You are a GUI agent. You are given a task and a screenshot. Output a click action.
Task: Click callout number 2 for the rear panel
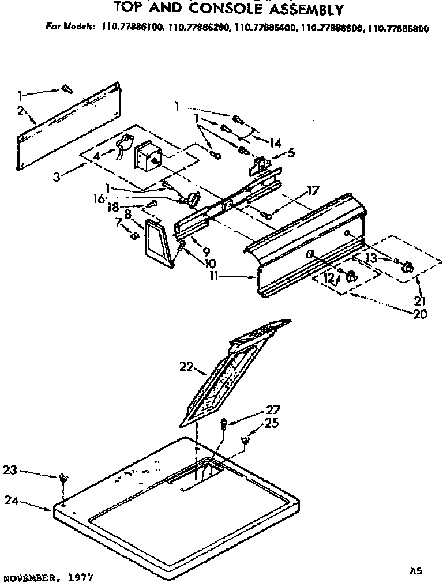pos(21,111)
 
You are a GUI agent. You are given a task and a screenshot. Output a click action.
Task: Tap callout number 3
pos(56,177)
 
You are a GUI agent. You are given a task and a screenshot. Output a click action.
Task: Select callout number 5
pos(291,153)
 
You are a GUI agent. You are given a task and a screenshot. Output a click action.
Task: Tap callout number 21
pos(419,300)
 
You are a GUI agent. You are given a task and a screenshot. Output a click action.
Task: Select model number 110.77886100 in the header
pos(133,27)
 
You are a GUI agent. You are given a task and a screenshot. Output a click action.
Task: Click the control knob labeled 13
pos(407,266)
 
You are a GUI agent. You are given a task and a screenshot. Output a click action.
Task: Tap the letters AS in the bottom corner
pos(415,570)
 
